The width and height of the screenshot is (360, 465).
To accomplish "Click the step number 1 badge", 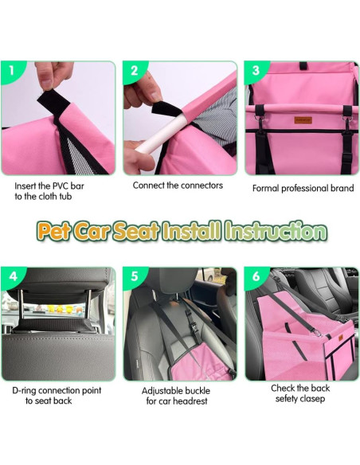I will (x=11, y=71).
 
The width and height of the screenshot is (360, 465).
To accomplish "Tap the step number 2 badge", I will (x=133, y=71).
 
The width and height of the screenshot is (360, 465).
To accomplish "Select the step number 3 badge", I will (x=255, y=71).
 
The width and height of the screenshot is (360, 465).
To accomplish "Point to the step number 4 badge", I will (x=11, y=278).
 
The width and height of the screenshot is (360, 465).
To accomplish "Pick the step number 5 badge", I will (x=133, y=278).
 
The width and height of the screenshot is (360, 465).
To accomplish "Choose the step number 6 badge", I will (x=255, y=278).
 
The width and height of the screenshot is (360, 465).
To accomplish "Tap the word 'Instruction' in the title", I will (x=275, y=232).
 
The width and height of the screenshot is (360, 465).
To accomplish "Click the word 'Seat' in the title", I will (x=135, y=232).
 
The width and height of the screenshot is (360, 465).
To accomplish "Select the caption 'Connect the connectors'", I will (x=178, y=186).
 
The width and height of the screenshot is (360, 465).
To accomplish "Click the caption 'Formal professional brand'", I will (x=303, y=189).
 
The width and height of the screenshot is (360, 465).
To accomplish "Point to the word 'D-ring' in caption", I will (x=27, y=391).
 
